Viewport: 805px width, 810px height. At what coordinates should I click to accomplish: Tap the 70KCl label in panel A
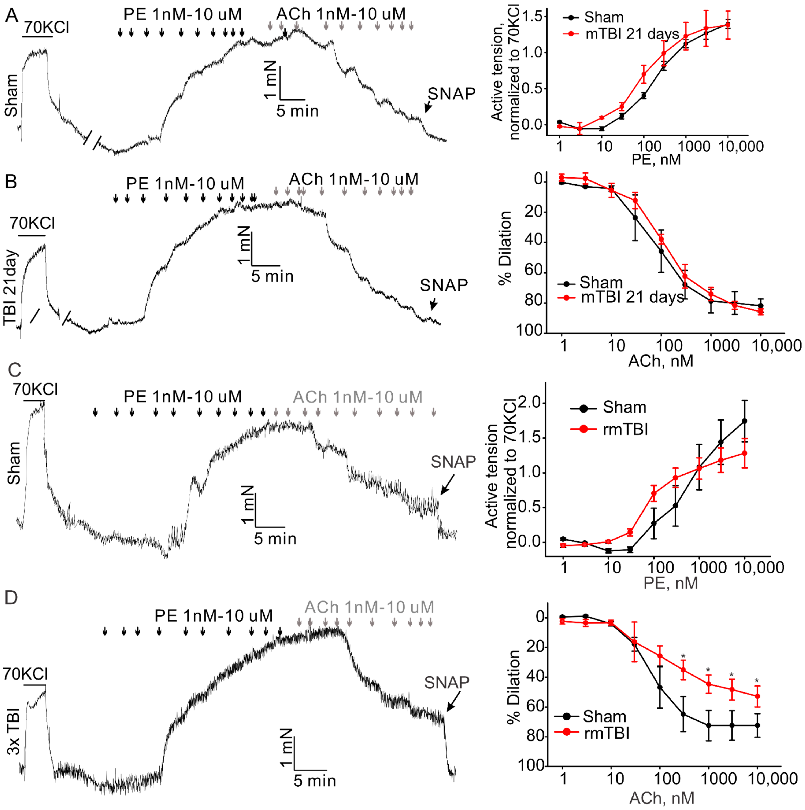(x=46, y=27)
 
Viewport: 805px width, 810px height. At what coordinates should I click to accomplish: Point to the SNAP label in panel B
(x=444, y=286)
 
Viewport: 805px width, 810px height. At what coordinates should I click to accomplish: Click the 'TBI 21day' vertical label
(x=11, y=288)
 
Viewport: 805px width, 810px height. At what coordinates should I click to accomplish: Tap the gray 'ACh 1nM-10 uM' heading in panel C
(x=357, y=397)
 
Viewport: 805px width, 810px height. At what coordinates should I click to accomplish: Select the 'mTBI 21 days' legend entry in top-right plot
(x=632, y=34)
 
